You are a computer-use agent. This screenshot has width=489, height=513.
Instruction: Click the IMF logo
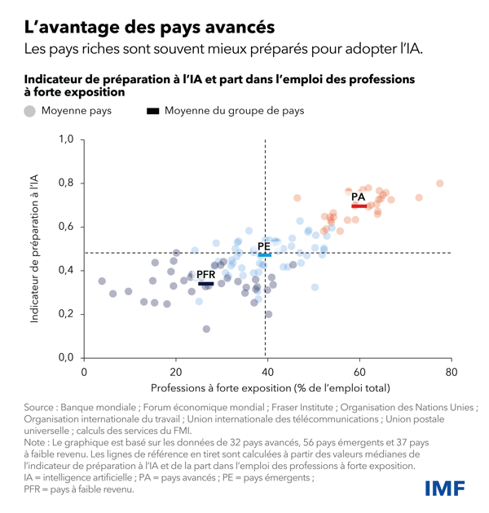444,489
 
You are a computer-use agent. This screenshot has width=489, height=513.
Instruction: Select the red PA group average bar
359,206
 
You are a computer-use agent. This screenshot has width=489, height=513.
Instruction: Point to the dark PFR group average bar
205,284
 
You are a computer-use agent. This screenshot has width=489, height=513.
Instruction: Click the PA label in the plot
358,197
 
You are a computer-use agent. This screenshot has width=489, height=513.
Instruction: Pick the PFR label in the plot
205,275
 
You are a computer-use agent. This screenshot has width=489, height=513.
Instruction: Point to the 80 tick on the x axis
450,372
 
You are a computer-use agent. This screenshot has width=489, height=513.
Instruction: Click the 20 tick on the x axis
175,372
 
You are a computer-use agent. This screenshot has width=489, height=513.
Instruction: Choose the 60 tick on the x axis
359,372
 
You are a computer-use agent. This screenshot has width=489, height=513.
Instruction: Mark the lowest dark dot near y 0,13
206,329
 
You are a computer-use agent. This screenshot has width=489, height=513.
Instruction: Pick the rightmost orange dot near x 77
439,184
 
